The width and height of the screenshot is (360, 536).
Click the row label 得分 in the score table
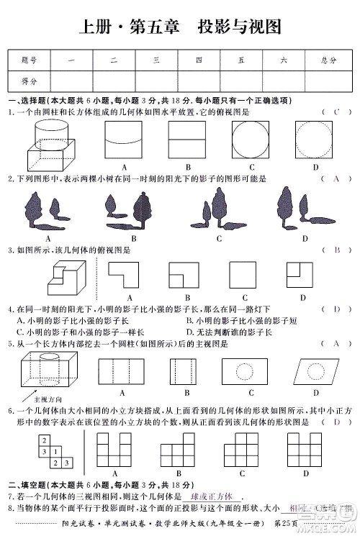[x=30, y=81]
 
